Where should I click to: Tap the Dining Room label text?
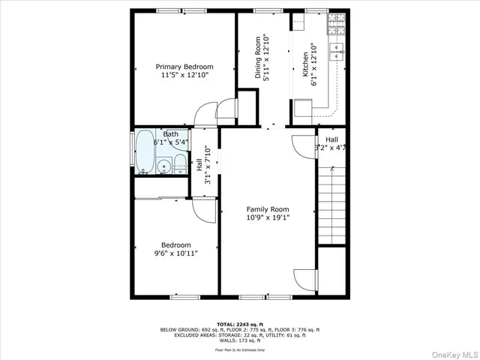(x=257, y=58)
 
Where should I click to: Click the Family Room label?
(x=268, y=209)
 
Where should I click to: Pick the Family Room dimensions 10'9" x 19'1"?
(x=268, y=218)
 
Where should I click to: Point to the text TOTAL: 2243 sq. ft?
(x=239, y=324)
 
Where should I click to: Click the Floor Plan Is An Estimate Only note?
(x=239, y=349)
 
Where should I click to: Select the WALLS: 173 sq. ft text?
(x=239, y=340)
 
